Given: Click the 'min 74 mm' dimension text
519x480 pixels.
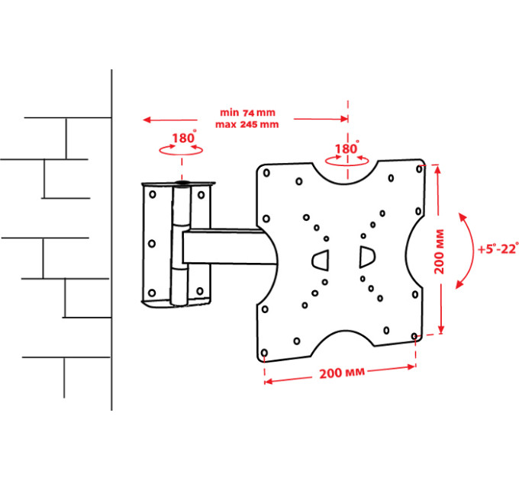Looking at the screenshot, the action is point(247,113).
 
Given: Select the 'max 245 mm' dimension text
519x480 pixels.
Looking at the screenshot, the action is point(247,124).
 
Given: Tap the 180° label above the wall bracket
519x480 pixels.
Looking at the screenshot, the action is point(184,137).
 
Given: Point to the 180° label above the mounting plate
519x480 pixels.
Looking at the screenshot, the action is point(347,149).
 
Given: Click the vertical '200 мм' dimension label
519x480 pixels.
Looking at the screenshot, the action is point(439,251).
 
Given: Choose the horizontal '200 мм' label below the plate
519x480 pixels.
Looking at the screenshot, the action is point(342,373).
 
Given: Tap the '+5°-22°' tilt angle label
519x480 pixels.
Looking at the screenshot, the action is point(498,248).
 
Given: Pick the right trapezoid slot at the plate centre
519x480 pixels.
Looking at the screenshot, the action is point(367,257).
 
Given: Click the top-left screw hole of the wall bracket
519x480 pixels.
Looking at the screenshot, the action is point(153,194).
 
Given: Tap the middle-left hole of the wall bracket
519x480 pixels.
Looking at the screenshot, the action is point(152,244).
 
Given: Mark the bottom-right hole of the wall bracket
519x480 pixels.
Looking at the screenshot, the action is point(200,291).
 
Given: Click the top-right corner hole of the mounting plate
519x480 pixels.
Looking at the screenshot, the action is point(419,169).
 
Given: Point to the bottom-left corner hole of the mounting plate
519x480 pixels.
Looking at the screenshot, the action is point(265,353).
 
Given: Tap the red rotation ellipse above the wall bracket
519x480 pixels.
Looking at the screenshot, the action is point(181,150).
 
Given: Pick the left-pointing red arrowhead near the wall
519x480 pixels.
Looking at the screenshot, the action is point(147,120).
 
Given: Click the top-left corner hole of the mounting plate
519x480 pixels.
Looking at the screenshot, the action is point(266,173).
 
